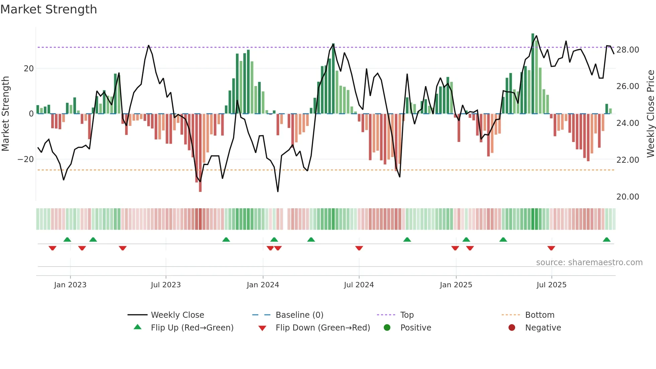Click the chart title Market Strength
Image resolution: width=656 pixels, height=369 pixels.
point(49,9)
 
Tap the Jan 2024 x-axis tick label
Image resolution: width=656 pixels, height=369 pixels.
point(263,285)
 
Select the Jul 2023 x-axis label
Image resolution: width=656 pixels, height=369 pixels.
point(166,285)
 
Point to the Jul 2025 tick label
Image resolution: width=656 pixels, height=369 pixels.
point(551,285)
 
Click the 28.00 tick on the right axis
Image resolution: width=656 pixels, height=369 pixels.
point(628,50)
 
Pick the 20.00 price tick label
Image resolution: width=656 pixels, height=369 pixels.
point(628,197)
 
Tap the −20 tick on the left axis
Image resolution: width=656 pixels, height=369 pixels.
point(26,159)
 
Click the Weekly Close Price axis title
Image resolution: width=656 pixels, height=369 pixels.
point(650,114)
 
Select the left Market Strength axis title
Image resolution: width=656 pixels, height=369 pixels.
point(6,114)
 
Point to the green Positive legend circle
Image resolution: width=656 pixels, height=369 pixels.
point(387,328)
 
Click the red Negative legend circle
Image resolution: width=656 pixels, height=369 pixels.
point(512,328)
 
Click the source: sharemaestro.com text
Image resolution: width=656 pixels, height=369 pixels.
point(589,263)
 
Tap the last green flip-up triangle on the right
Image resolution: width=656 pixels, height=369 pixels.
point(606,240)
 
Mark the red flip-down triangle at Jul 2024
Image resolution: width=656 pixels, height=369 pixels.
point(359,248)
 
